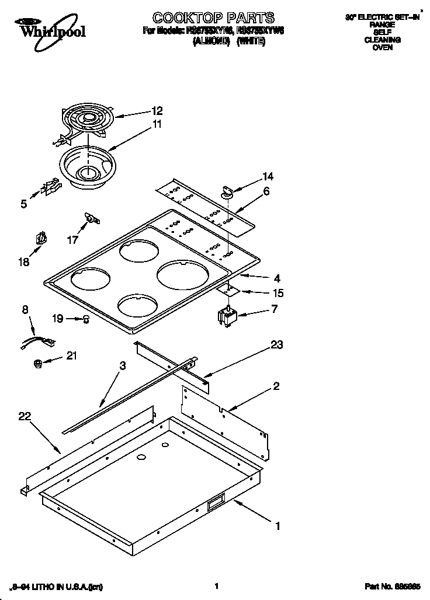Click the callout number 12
point(157,110)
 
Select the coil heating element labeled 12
point(88,120)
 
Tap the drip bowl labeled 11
point(86,166)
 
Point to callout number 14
point(268,176)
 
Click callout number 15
point(278,293)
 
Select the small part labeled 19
point(86,319)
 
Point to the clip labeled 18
point(41,239)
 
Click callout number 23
point(276,345)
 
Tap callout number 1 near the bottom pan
point(278,526)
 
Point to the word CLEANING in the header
point(382,40)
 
